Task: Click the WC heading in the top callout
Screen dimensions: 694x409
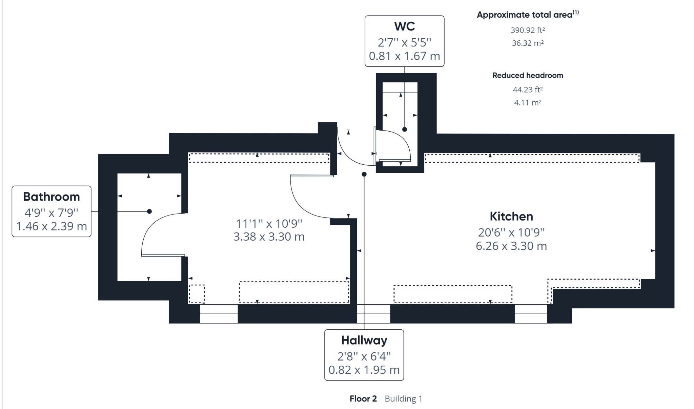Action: [404, 26]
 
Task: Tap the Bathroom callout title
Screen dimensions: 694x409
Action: [52, 197]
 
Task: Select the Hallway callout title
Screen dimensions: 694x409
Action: [364, 340]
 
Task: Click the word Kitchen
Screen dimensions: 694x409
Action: [511, 216]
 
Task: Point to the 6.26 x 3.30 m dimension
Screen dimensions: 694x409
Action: [511, 246]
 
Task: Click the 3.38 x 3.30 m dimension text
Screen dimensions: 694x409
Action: [269, 237]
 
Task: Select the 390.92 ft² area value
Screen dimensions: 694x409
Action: [528, 30]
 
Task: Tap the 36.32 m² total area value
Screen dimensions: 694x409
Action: [528, 43]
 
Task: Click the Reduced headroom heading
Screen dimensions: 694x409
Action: [528, 75]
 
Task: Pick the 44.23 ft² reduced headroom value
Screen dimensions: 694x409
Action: [528, 89]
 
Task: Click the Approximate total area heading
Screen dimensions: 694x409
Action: [528, 15]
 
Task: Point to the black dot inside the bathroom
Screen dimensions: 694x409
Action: [149, 211]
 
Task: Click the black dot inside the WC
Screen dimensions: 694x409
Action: [405, 129]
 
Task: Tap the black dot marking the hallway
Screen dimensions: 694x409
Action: [364, 174]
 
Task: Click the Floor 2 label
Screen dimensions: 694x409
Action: [363, 398]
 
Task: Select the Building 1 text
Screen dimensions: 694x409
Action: [404, 398]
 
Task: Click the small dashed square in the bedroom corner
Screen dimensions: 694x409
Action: [197, 294]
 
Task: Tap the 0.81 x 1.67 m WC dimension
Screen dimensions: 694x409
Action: [404, 56]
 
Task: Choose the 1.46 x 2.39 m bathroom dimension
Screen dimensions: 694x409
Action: [52, 226]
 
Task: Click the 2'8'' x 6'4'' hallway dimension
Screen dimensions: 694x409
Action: [364, 356]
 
